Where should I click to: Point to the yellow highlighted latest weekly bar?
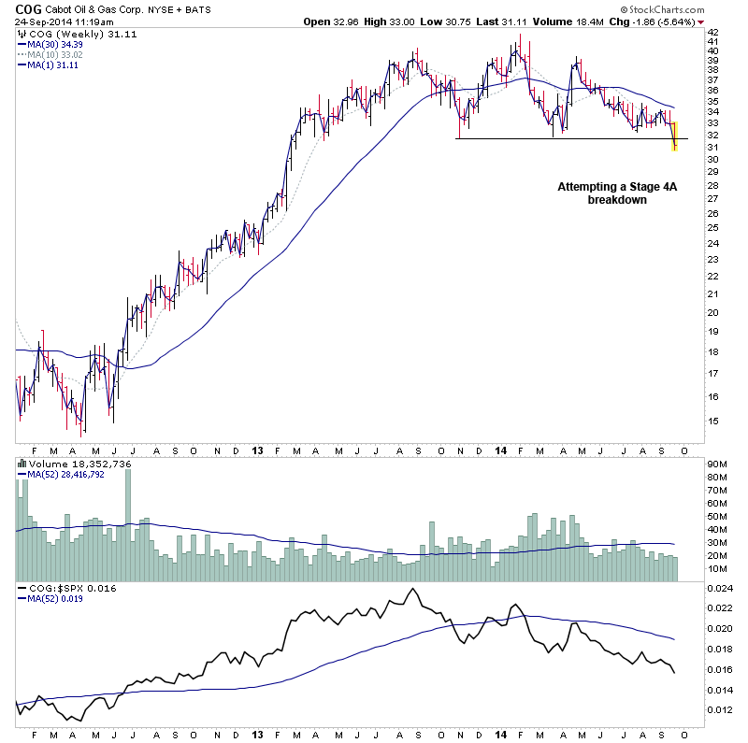point(675,136)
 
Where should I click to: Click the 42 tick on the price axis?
point(712,31)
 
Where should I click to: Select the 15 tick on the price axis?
point(712,421)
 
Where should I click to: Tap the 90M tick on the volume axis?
point(717,464)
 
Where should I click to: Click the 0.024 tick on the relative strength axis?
point(719,589)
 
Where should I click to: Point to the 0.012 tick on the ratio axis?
point(719,710)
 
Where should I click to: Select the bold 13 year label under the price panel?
point(258,450)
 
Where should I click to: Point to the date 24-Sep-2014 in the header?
point(38,21)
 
